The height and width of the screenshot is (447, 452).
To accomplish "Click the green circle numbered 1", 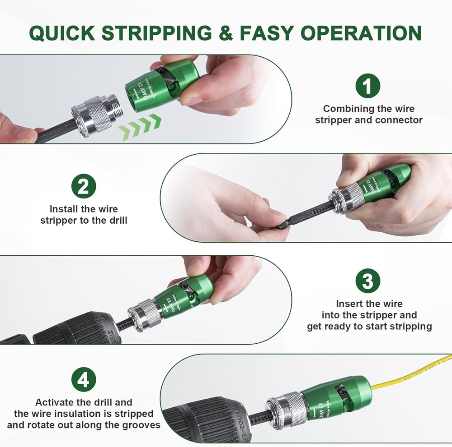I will pyautogui.click(x=367, y=85).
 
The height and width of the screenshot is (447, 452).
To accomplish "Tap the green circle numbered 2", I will pyautogui.click(x=84, y=186).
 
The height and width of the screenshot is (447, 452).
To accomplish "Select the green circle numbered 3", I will pyautogui.click(x=367, y=281).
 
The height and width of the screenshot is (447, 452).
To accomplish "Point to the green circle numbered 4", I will pyautogui.click(x=84, y=380).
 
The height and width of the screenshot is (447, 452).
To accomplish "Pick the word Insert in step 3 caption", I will pyautogui.click(x=350, y=304).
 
